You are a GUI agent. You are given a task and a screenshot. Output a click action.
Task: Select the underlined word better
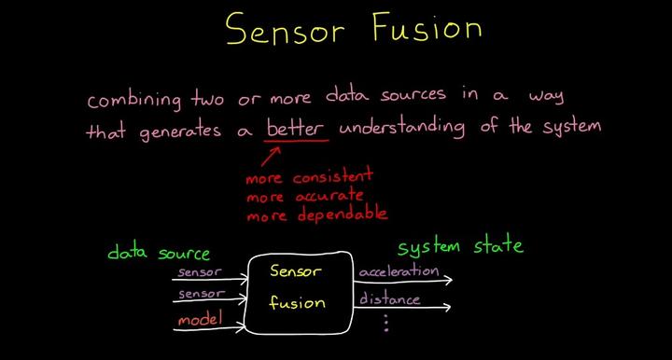coord(297,129)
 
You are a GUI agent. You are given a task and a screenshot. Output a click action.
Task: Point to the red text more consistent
coord(309,175)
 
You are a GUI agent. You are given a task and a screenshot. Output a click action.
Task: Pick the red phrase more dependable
coord(316,215)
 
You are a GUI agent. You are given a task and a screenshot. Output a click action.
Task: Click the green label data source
coord(158,253)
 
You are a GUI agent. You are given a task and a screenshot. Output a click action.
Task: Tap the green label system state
coord(460,247)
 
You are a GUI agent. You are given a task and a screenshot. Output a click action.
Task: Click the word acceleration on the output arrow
coord(399,271)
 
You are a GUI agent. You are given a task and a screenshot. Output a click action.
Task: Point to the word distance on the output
coord(389,299)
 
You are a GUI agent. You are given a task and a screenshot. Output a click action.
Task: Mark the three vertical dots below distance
coord(385,324)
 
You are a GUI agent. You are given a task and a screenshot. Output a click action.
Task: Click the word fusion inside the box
coord(298,302)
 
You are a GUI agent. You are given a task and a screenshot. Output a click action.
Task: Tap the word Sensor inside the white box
coord(295,271)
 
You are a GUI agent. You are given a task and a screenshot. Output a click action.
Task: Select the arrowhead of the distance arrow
coord(451,307)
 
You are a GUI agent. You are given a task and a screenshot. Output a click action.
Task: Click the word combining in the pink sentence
coord(130,98)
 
